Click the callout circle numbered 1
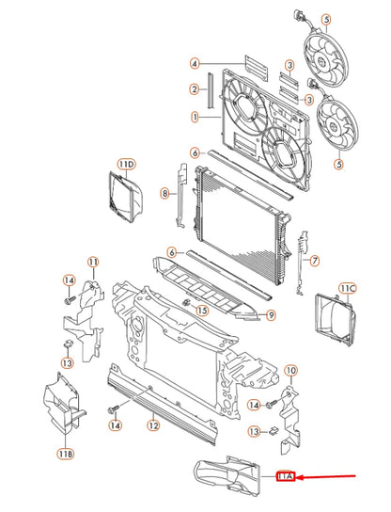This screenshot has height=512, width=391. point(194,118)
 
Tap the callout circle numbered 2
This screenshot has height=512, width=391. point(194,89)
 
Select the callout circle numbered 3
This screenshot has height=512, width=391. point(290,64)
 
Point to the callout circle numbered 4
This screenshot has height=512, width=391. point(194,64)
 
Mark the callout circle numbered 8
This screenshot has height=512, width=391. point(164,194)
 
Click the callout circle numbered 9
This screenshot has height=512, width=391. point(269,314)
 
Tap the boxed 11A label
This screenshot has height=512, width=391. point(288,477)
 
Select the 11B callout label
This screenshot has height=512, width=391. point(65,454)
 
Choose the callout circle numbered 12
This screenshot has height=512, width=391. point(152,425)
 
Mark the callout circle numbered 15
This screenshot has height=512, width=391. point(201,309)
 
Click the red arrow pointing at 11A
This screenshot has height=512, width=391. point(329,477)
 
